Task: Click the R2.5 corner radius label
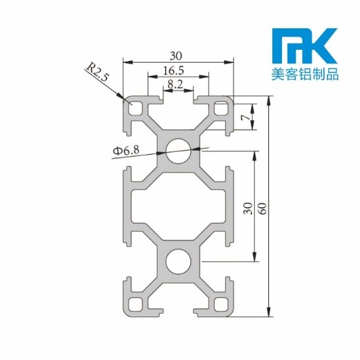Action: click(x=97, y=73)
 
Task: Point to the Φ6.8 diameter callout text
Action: click(x=126, y=150)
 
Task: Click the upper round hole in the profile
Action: click(x=179, y=150)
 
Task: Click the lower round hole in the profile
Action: click(x=179, y=262)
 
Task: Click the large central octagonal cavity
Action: click(x=179, y=206)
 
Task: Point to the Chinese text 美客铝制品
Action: click(x=304, y=74)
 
